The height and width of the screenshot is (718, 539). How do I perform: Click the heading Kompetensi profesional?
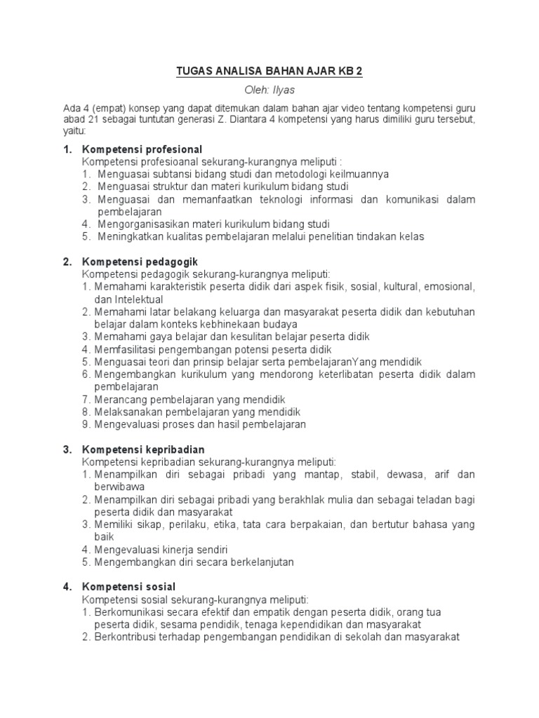click(142, 149)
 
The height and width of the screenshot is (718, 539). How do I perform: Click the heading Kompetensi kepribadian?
click(144, 449)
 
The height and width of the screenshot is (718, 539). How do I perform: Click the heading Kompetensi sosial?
click(129, 586)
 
